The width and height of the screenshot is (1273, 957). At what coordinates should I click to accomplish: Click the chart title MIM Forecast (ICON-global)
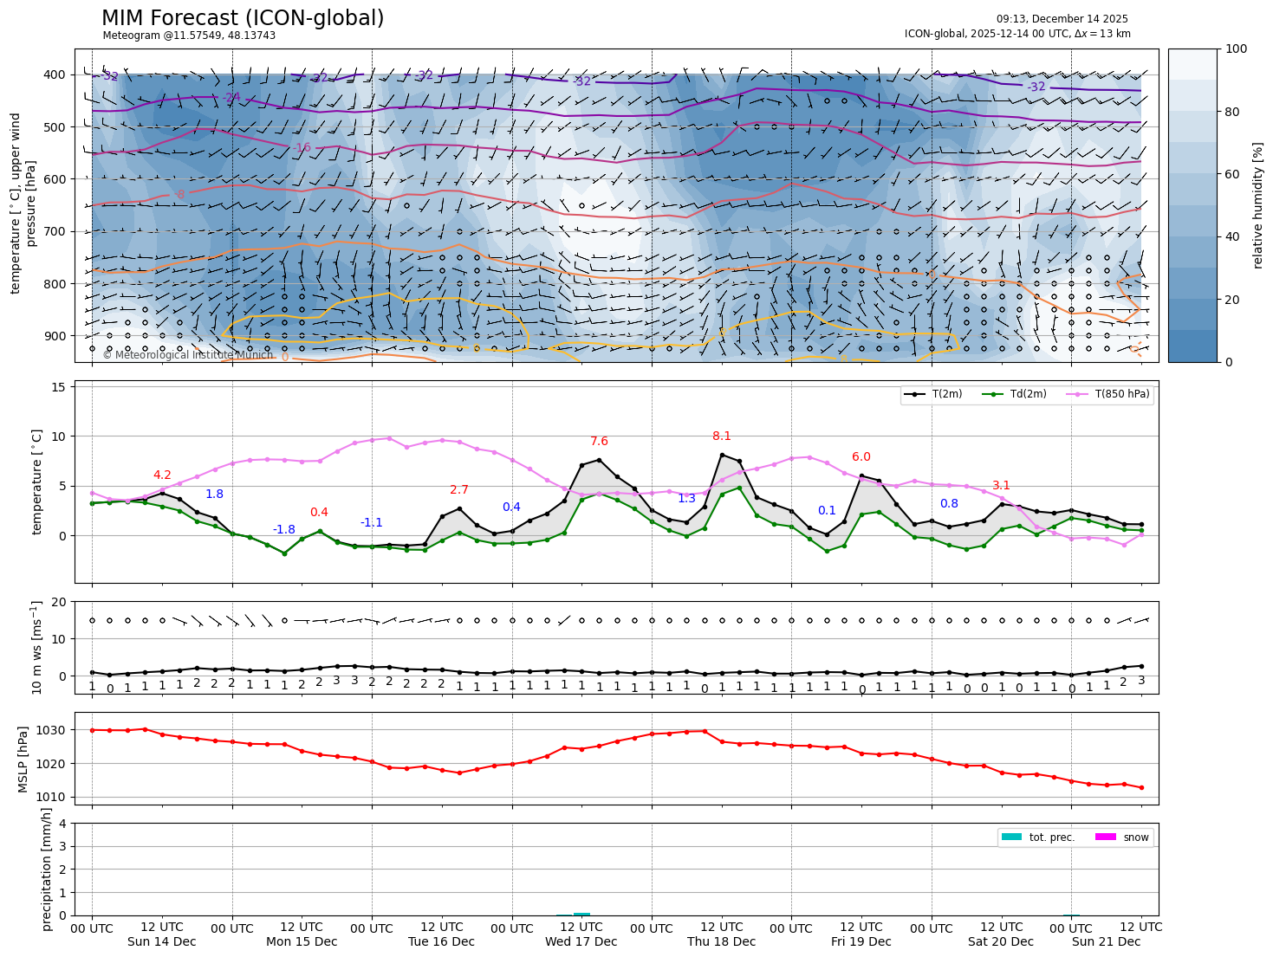(x=243, y=18)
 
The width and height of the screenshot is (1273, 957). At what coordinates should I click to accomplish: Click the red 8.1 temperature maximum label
(x=721, y=436)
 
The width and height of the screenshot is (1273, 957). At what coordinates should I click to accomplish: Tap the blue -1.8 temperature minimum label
(x=284, y=530)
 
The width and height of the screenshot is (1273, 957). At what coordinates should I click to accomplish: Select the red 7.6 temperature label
(x=599, y=443)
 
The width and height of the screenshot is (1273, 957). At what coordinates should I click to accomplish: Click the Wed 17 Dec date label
(x=581, y=942)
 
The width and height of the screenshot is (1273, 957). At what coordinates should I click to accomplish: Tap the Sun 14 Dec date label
(x=161, y=942)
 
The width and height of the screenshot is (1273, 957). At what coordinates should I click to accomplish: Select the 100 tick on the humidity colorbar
(x=1237, y=49)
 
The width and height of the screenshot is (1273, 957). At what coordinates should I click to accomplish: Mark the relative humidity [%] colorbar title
(x=1258, y=205)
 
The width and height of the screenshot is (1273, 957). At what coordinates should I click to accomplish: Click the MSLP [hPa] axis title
(x=23, y=759)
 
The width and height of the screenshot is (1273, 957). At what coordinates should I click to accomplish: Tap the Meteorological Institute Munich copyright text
(x=188, y=355)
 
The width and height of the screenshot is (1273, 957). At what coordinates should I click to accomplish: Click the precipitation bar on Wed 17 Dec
(x=581, y=914)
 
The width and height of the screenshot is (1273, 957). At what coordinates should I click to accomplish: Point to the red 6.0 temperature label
(x=861, y=457)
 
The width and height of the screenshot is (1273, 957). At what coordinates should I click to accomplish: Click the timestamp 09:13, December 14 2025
(x=1062, y=19)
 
